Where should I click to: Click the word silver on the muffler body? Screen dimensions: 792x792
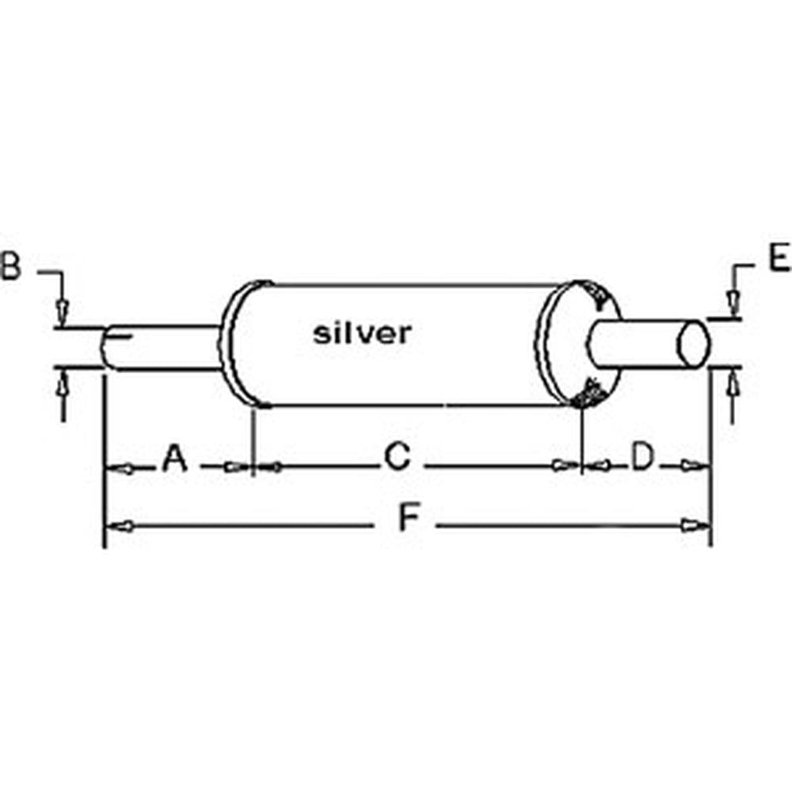pyautogui.click(x=362, y=333)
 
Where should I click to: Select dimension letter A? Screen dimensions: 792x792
pyautogui.click(x=175, y=458)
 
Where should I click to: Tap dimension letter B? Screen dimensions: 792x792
pyautogui.click(x=10, y=266)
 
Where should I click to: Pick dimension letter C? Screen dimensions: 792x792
pyautogui.click(x=397, y=457)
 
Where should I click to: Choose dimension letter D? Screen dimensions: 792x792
pyautogui.click(x=642, y=457)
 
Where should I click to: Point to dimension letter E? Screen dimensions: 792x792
pyautogui.click(x=779, y=259)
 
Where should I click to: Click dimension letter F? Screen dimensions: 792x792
pyautogui.click(x=407, y=519)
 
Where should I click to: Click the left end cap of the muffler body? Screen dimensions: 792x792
pyautogui.click(x=230, y=345)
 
